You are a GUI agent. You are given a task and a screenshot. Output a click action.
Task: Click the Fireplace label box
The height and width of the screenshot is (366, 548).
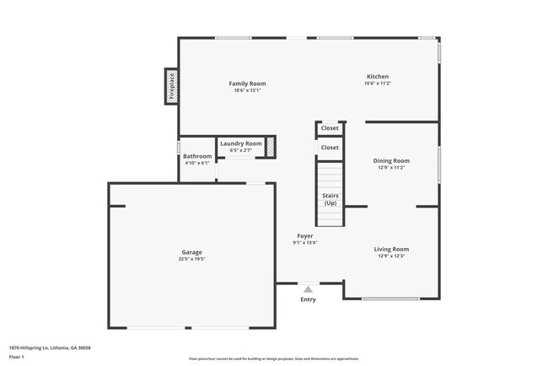coord(171,87)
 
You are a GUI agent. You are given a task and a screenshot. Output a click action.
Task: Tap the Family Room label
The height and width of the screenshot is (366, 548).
coord(247,83)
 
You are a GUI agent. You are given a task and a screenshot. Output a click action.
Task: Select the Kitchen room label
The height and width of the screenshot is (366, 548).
coord(377,76)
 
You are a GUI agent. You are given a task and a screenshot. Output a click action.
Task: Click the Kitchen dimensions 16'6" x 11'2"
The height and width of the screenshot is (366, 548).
coord(377,83)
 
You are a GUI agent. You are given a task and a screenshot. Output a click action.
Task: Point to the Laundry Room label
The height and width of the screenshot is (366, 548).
coord(241,143)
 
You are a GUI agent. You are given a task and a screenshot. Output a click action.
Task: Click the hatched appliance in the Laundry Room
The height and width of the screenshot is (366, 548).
coord(271,146)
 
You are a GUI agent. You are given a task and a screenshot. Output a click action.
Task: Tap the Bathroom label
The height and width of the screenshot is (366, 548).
coord(197,156)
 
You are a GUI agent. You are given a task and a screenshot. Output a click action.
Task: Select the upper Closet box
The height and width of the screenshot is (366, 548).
coord(330,128)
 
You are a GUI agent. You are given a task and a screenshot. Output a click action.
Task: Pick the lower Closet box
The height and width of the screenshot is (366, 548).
coord(330,148)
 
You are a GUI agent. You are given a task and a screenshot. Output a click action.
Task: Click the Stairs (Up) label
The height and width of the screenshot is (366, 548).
coord(330,199)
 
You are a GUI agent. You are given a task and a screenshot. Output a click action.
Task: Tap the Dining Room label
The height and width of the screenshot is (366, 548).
coord(391,160)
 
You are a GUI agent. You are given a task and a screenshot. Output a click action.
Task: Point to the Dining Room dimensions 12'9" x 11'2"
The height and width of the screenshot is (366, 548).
coord(391,168)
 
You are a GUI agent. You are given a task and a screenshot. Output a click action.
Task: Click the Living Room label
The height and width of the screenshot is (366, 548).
coord(391,249)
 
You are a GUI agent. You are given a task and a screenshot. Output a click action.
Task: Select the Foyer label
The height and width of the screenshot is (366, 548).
coord(304,235)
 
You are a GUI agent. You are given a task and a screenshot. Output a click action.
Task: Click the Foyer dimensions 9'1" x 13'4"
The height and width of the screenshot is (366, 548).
coord(304,243)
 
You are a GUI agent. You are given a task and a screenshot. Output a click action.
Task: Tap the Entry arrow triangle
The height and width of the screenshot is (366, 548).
coord(309,289)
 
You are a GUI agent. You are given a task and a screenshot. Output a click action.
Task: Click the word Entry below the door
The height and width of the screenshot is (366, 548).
coord(309,299)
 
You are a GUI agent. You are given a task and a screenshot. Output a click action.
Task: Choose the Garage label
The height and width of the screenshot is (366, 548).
coord(192,252)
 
